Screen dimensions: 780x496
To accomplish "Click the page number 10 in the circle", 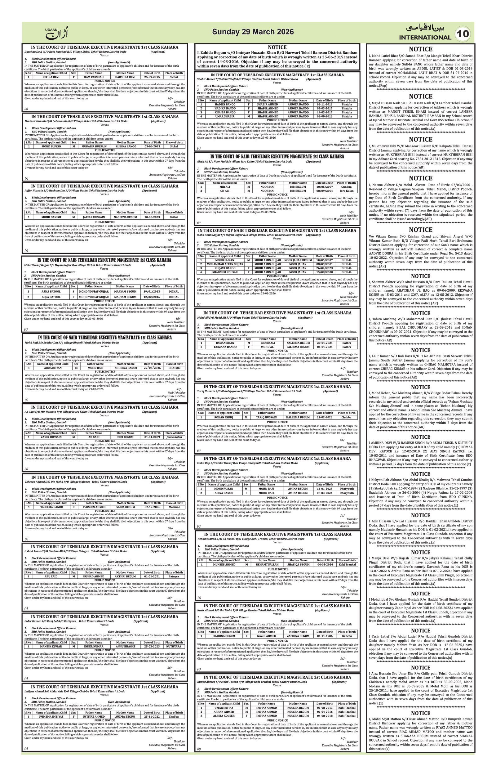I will coord(463,34).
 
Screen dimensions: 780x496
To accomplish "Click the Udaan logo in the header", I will coord(57,33).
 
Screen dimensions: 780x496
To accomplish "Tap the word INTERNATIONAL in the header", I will coord(425,37).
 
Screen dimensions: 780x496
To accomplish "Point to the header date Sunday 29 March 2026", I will coord(253,32).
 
